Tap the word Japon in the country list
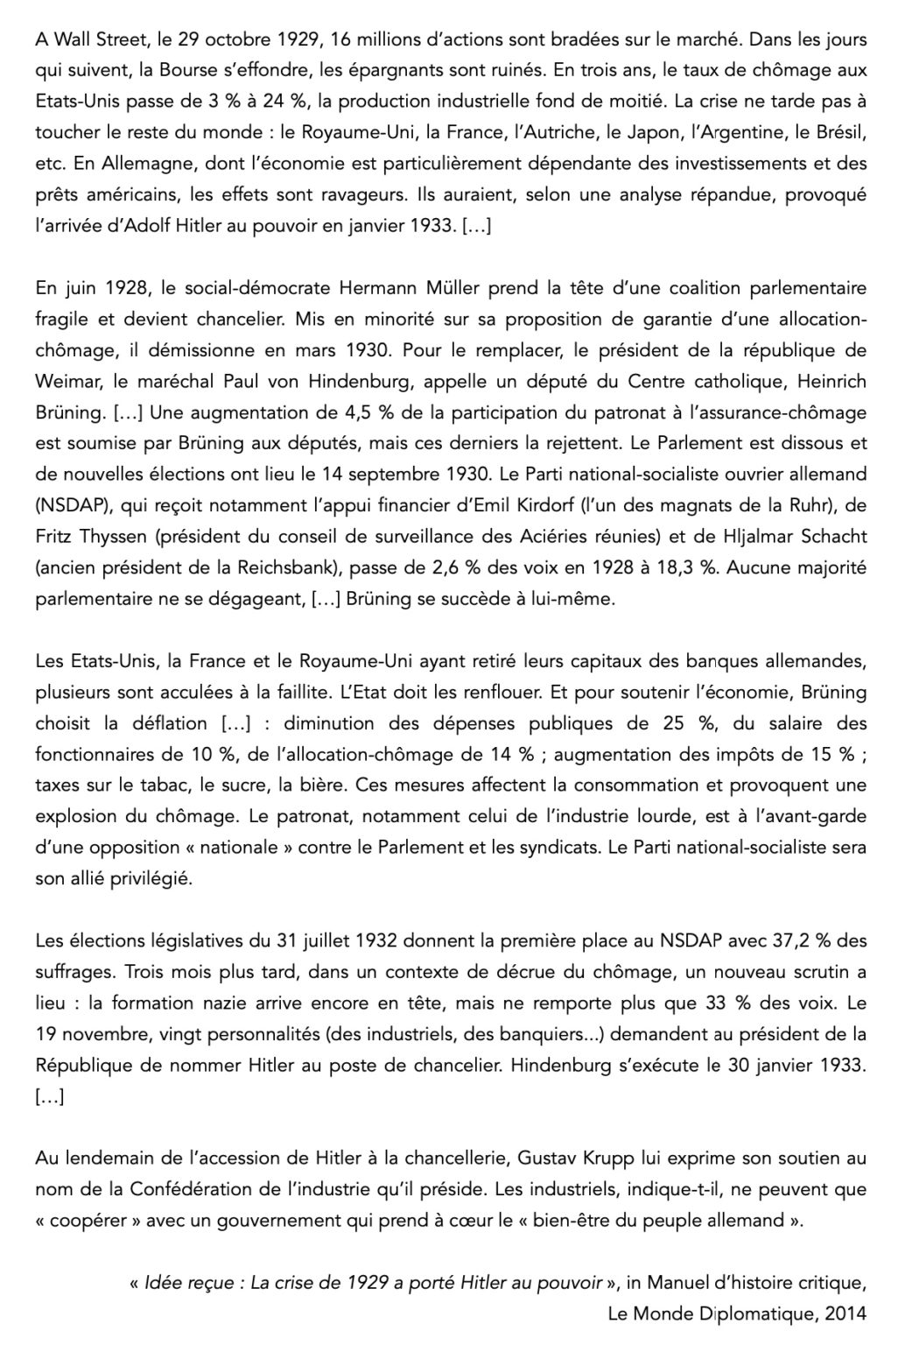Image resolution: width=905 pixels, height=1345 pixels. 630,133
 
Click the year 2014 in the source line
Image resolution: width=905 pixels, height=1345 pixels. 845,1313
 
